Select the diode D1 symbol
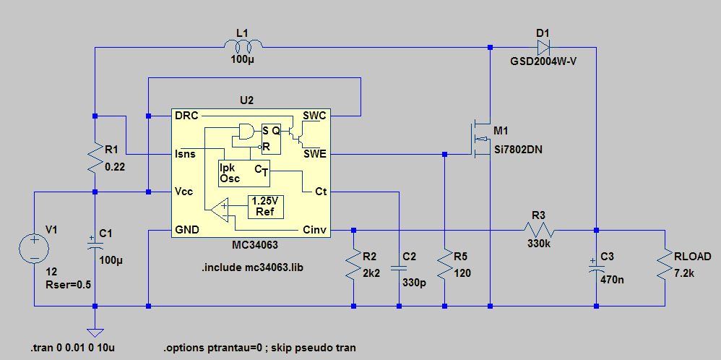(x=544, y=47)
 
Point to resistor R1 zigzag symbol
(x=95, y=156)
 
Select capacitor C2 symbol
(x=398, y=268)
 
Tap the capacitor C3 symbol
(x=596, y=268)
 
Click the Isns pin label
(x=185, y=154)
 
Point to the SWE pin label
(x=314, y=154)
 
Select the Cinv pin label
(x=314, y=231)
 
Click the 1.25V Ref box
(x=265, y=207)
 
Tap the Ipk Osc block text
(x=230, y=173)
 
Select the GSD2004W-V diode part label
(x=543, y=61)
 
